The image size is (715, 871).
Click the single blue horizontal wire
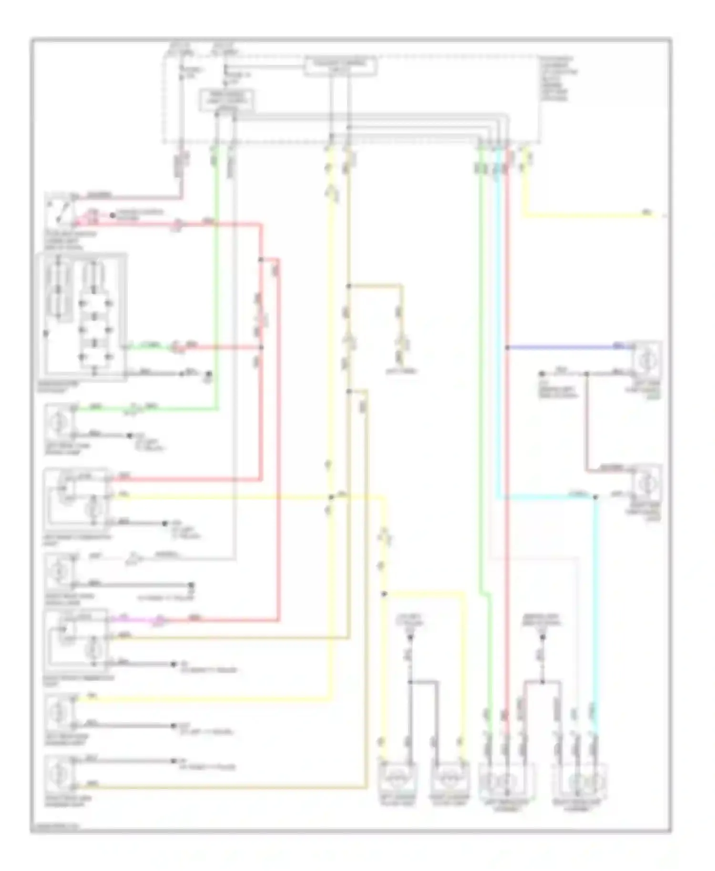567,347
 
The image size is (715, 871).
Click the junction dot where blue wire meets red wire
507,347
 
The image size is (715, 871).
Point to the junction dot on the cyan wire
595,497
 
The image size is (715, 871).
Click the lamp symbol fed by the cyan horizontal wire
646,484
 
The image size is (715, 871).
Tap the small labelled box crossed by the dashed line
340,66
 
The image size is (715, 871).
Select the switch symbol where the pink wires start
60,210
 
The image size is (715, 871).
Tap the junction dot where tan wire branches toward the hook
348,286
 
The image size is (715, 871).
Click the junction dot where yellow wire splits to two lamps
384,594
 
